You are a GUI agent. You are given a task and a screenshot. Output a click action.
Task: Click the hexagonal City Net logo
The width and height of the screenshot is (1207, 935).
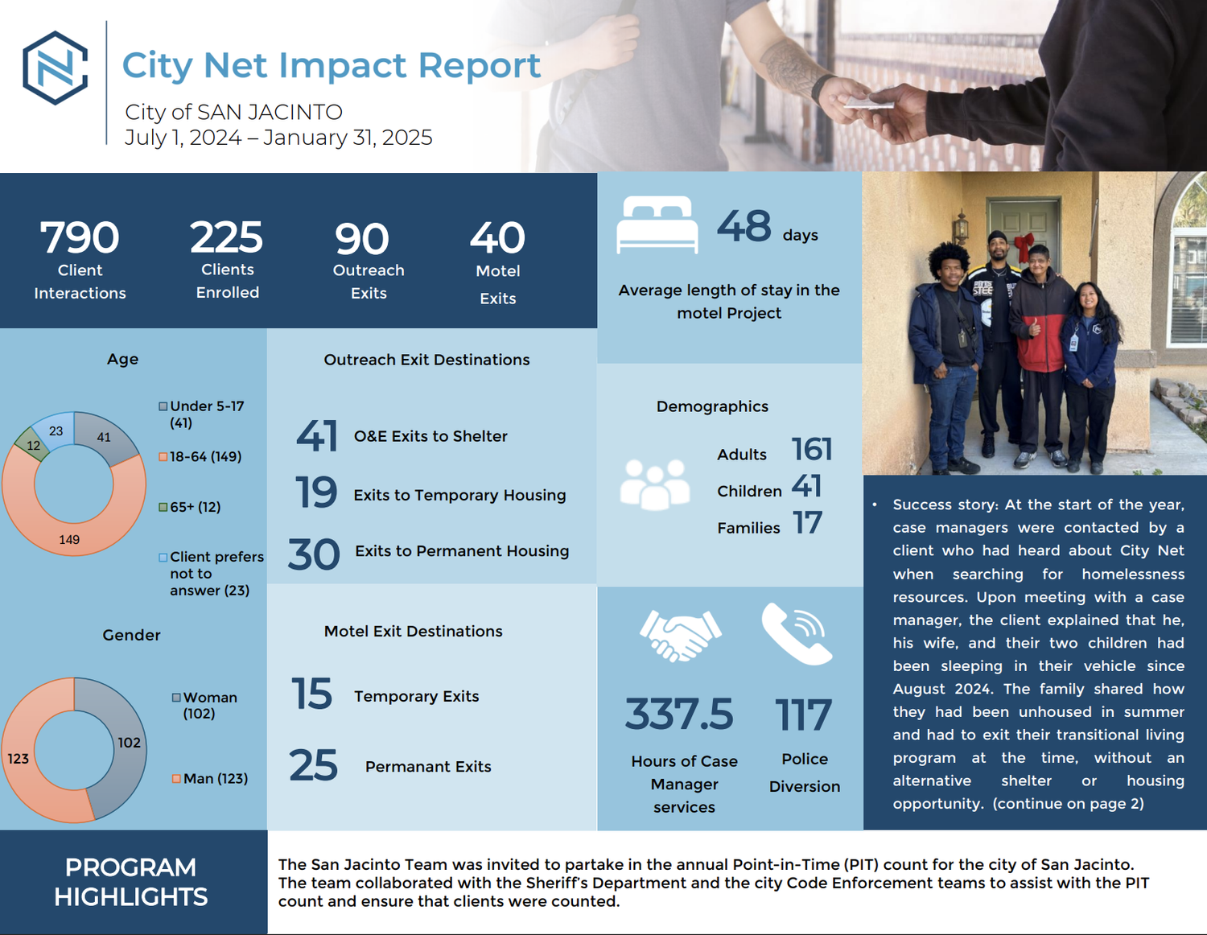[x=56, y=68]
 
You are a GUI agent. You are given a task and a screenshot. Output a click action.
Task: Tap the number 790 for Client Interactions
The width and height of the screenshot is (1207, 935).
[x=80, y=237]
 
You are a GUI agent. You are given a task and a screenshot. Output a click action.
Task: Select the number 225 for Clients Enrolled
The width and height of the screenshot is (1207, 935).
[x=226, y=237]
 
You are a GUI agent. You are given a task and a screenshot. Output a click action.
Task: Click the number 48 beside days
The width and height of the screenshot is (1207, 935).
[x=744, y=226]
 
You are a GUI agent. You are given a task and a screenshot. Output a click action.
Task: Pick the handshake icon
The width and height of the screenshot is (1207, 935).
[x=680, y=635]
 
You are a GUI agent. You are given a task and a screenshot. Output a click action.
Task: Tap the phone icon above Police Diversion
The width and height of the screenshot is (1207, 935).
[x=797, y=634]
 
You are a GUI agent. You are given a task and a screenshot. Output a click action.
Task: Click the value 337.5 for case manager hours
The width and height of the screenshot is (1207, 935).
[x=679, y=715]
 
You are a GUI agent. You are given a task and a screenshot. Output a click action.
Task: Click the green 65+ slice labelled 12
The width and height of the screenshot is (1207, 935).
[x=32, y=445]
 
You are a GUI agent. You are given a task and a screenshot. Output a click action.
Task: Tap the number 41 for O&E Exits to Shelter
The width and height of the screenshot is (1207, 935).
[x=316, y=436]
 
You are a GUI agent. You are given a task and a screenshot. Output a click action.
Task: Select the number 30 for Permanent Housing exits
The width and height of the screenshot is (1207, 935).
[x=314, y=554]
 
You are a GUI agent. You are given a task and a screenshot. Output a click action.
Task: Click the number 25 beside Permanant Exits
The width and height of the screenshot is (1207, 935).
[x=313, y=765]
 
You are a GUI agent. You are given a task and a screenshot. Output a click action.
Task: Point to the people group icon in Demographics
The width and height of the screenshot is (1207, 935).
[x=655, y=484]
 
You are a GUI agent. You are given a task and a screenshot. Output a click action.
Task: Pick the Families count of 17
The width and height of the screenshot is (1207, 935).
[x=807, y=524]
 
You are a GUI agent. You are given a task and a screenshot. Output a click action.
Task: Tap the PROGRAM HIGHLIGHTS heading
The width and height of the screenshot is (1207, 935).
[x=130, y=882]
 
